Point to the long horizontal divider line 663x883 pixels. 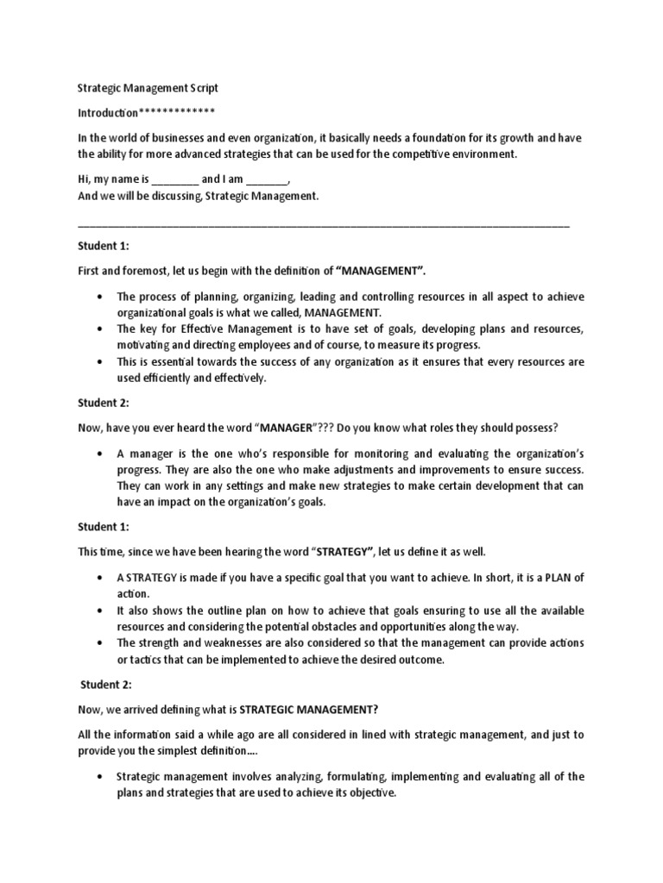coord(323,226)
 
